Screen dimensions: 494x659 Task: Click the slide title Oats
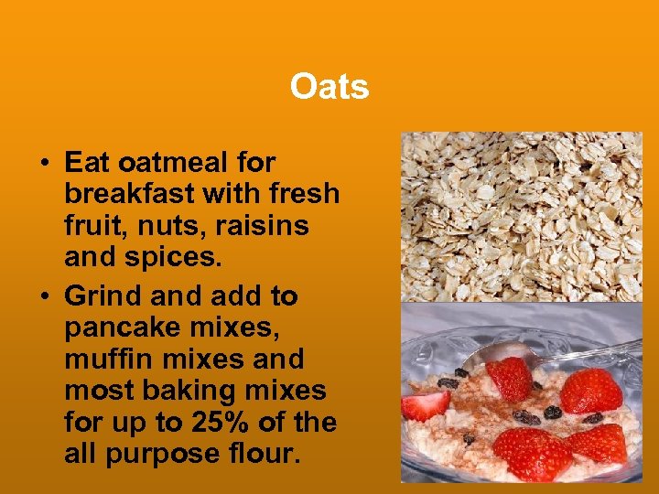[x=329, y=88]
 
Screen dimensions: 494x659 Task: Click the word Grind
[x=98, y=296]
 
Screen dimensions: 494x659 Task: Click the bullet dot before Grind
[x=44, y=297]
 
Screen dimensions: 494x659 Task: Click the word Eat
[x=88, y=164]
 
